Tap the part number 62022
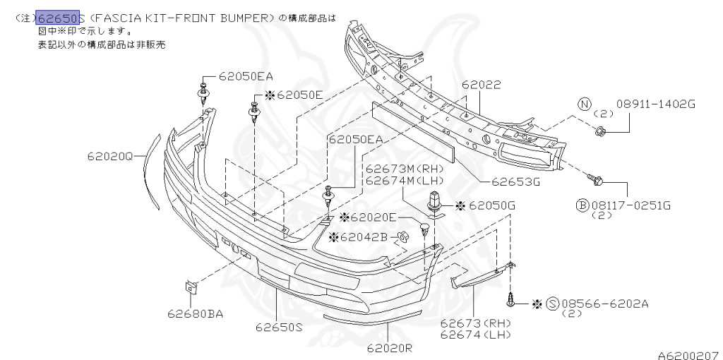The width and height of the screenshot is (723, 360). (x=482, y=85)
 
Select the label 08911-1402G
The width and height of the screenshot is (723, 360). (x=656, y=104)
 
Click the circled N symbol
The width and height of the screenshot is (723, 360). (x=584, y=104)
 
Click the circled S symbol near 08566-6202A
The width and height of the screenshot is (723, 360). (x=553, y=304)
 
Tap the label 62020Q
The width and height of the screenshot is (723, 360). (x=110, y=155)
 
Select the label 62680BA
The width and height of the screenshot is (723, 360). (x=196, y=313)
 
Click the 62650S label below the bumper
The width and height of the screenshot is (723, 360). (x=279, y=328)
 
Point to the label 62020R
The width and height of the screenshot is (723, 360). (x=389, y=347)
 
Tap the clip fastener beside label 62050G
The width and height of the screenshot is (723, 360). (x=434, y=202)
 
